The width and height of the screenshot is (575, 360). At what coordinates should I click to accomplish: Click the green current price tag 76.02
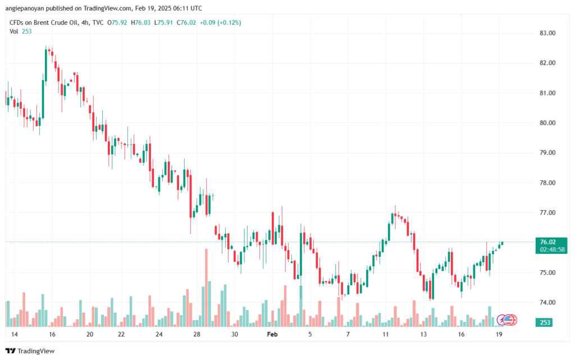(x=548, y=242)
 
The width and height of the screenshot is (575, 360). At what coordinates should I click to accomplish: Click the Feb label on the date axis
(x=272, y=334)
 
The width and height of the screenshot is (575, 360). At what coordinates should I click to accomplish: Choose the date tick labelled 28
(x=197, y=334)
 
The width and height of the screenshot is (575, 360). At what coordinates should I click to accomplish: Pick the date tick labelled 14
(x=15, y=334)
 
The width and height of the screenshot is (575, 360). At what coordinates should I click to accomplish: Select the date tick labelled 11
(x=386, y=334)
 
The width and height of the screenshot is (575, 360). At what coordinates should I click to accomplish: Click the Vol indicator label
(x=14, y=31)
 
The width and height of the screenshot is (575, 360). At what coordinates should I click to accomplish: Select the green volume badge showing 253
(x=545, y=322)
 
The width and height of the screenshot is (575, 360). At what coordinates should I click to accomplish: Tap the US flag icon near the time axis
(x=509, y=320)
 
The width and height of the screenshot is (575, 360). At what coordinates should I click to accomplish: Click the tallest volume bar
(x=206, y=287)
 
